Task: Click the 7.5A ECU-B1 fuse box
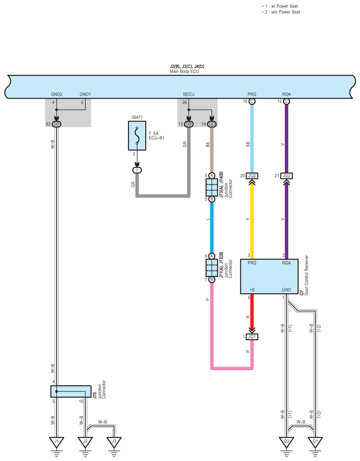click(x=137, y=136)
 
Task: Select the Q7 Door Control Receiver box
click(x=269, y=276)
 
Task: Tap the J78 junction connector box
click(x=71, y=391)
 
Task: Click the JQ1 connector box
click(x=252, y=337)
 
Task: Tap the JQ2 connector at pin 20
click(x=252, y=176)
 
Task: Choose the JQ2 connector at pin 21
click(x=286, y=176)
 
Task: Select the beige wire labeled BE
click(x=212, y=150)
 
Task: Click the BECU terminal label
click(x=189, y=94)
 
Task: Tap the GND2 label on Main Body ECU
click(x=56, y=94)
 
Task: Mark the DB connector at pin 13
click(x=189, y=124)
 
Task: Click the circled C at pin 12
click(x=286, y=101)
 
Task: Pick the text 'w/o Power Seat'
click(x=283, y=12)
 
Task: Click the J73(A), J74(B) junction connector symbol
click(x=212, y=187)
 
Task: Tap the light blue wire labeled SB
click(x=252, y=139)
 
